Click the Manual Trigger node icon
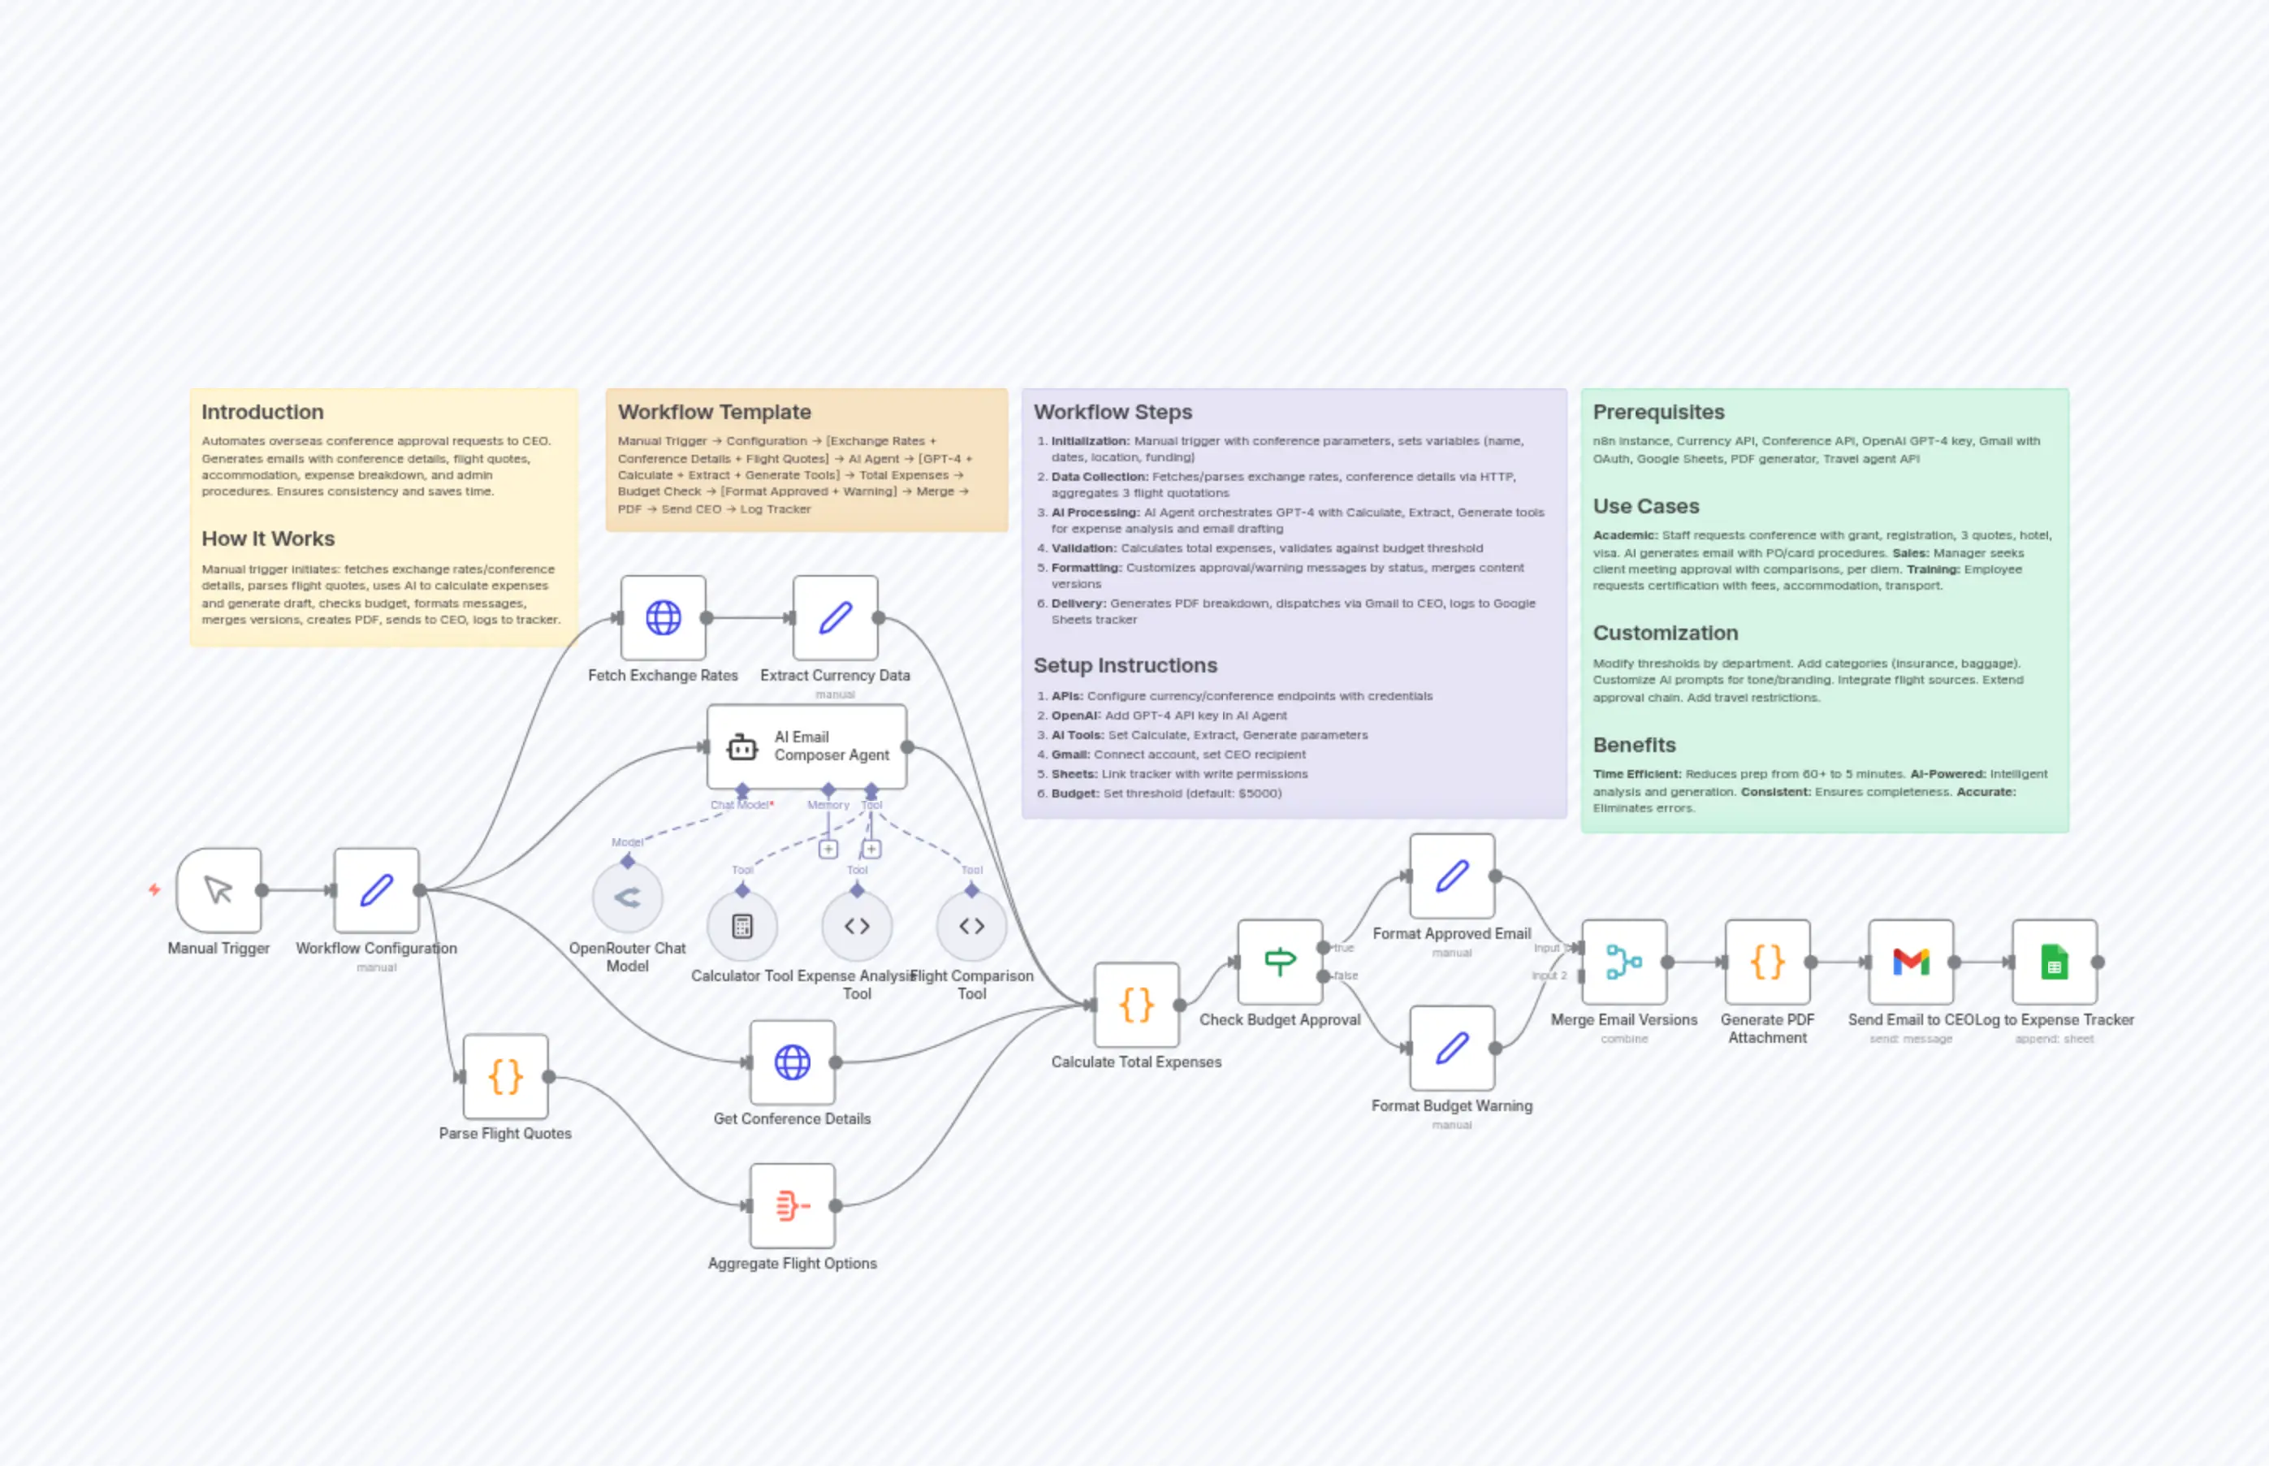click(219, 890)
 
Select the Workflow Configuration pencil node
click(377, 890)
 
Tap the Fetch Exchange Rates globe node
click(663, 618)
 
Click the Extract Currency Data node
click(835, 618)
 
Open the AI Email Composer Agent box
click(806, 746)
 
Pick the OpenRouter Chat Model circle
click(627, 897)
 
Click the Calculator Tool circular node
click(742, 926)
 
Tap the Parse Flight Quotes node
click(505, 1077)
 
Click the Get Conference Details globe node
click(792, 1062)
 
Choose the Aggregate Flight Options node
click(792, 1206)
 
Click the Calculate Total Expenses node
click(1136, 1005)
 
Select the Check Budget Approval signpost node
click(1279, 962)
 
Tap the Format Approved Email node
click(1451, 876)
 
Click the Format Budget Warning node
click(1451, 1048)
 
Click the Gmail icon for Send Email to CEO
click(1910, 962)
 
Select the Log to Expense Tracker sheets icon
click(2054, 962)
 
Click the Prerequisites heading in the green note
click(1658, 413)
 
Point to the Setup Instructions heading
click(1125, 665)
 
